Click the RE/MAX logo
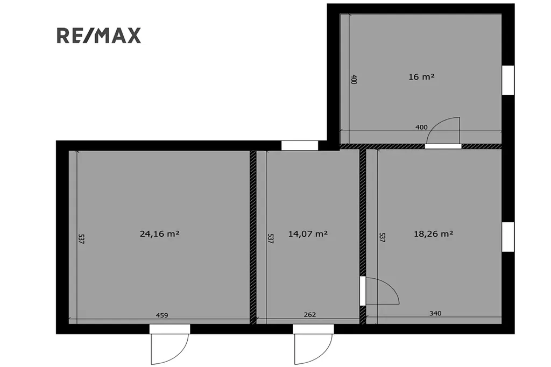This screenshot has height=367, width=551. pos(99,36)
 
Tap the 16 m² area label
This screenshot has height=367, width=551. pos(421,76)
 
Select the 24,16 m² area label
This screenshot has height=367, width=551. pos(159,234)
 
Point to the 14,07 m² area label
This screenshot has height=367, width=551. pos(308,234)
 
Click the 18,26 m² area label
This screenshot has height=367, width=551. pos(433,234)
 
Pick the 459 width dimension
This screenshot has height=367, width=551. pos(162,315)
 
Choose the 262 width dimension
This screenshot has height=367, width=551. pos(309,315)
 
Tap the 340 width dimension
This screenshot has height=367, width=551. pos(435,313)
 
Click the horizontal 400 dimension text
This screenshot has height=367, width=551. pos(422,127)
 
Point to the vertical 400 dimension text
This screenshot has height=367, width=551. pos(354,79)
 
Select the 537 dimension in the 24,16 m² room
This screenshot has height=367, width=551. pos(81,239)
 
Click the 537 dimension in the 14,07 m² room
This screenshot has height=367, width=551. pos(271,239)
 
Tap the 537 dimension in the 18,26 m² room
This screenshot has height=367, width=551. pos(383,237)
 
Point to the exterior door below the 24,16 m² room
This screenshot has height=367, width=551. pos(169,344)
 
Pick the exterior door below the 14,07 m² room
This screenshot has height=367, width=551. pos(313,344)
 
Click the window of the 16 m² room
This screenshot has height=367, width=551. pos(508,80)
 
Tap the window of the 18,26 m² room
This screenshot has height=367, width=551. pos(508,237)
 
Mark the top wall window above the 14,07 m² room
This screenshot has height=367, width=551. pos(300,145)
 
